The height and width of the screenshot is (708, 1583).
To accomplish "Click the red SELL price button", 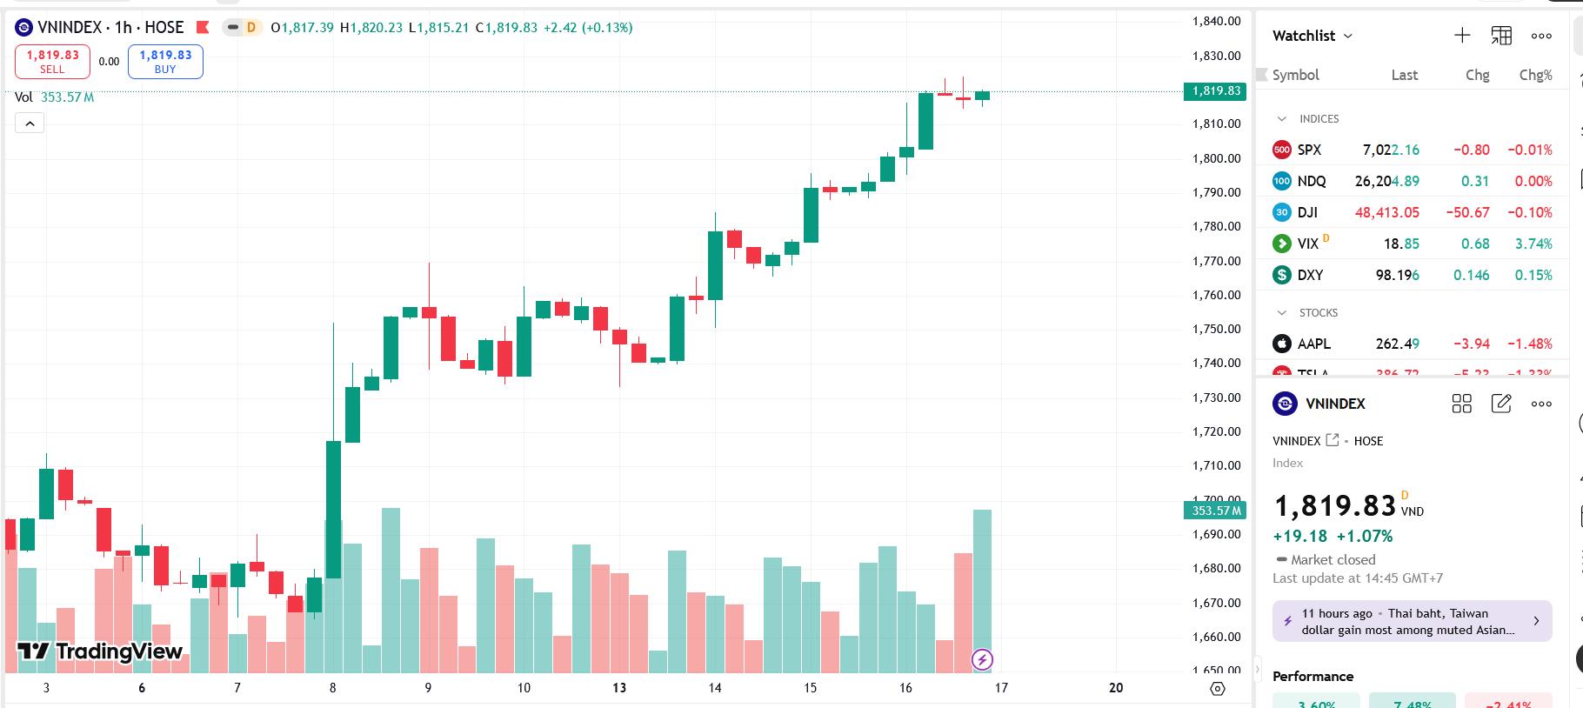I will coord(52,62).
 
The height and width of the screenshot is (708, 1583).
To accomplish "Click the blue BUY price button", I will coord(165,62).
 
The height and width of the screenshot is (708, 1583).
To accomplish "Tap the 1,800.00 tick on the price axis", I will coord(1216,158).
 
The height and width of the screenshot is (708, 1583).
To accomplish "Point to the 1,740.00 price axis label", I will coord(1216,363).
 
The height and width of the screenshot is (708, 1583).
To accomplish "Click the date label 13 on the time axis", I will coord(619,688).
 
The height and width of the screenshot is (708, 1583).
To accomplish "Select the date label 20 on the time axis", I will coord(1116,688).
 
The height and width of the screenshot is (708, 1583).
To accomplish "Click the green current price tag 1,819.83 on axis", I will coord(1216,91).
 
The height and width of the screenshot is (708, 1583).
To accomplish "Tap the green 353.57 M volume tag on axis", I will coord(1216,511).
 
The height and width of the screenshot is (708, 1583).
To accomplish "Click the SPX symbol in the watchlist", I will coord(1309,150).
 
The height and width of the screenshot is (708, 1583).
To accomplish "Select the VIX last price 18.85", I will coord(1401,244).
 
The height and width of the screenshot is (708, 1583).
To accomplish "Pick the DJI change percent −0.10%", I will coord(1529,212).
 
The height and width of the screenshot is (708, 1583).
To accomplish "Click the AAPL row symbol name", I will coord(1313,344).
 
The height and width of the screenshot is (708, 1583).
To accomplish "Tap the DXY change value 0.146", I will coord(1471,275).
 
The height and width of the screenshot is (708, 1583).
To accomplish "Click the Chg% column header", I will coord(1535,75).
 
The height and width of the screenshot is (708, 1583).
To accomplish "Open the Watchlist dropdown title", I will coord(1312,36).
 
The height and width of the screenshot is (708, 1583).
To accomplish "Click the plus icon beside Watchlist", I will coord(1462,36).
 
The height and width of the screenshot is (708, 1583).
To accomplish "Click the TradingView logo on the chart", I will coord(100,651).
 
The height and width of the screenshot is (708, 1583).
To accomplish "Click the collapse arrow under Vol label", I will coord(30,124).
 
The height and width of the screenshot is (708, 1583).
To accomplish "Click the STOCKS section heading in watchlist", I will coord(1318,312).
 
